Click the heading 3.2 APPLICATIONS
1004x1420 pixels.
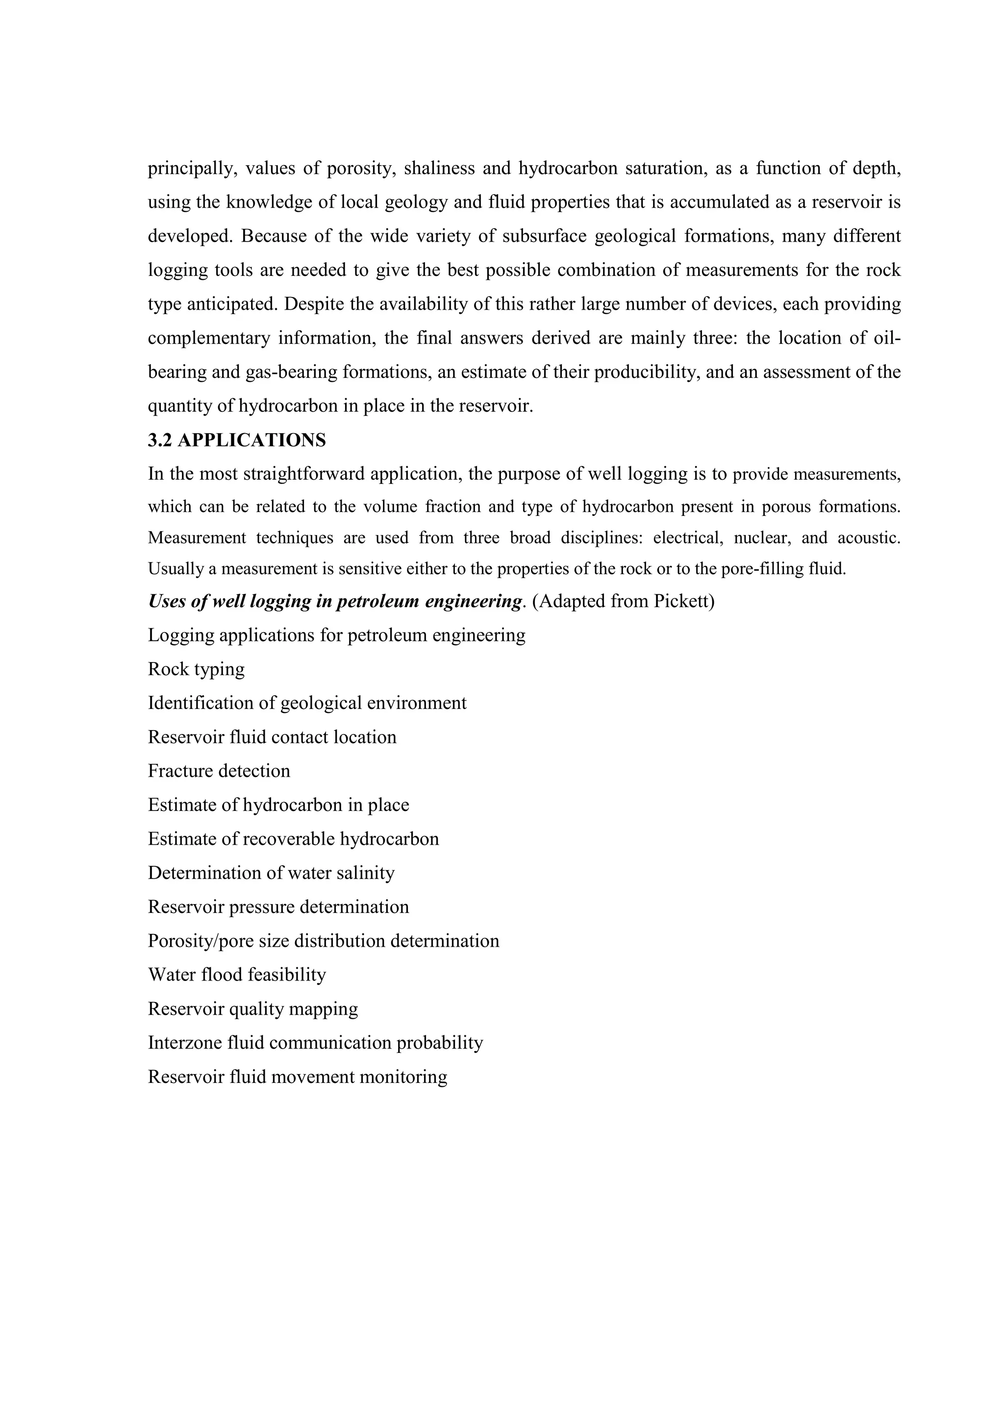pos(236,441)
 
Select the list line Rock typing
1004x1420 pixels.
pos(196,669)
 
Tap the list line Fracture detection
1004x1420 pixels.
pos(219,771)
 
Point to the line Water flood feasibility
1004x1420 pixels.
pos(237,975)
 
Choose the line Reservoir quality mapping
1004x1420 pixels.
pos(252,1009)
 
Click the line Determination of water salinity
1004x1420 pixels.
pos(271,873)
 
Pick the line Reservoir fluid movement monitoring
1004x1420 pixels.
pos(298,1077)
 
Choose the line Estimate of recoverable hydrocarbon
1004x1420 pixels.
pos(293,839)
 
